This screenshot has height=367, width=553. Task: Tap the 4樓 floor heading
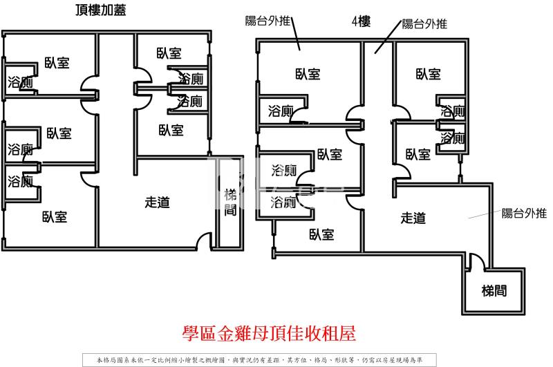pos(361,21)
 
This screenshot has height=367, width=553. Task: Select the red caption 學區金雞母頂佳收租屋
pos(268,335)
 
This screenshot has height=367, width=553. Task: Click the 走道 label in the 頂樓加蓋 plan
pos(158,203)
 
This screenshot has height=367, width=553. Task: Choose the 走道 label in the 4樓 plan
pos(413,218)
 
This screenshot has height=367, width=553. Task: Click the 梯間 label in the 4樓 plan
pos(494,291)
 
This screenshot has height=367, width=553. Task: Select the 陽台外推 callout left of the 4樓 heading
pos(268,20)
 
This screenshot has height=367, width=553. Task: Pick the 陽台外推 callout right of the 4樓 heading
pos(424,24)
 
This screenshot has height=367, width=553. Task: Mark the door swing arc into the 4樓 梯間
pos(476,262)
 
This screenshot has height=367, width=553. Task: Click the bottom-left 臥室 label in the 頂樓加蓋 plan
pos(54,217)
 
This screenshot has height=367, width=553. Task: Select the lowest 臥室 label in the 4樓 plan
pos(321,235)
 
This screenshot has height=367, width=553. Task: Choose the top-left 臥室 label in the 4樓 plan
pos(308,74)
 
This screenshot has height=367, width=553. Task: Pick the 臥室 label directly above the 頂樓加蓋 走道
pos(170,129)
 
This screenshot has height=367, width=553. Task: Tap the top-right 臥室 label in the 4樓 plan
pos(429,74)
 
